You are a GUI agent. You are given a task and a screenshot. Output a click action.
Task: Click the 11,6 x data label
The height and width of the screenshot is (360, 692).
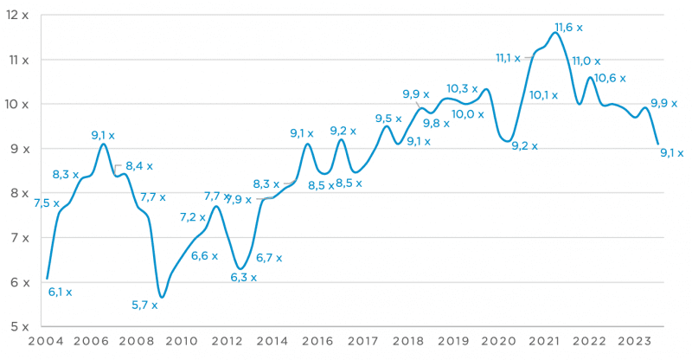coord(568,28)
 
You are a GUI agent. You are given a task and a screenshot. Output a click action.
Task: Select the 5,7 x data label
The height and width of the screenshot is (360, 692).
coord(144,305)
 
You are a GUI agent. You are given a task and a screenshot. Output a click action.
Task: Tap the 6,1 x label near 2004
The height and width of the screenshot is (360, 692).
coord(60,292)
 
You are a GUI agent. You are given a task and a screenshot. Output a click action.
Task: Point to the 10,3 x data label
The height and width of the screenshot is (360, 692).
coord(462,88)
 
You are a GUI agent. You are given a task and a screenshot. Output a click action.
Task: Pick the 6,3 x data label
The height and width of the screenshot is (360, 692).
coord(243,277)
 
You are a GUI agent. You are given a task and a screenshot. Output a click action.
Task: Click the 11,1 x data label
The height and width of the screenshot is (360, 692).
coord(508,58)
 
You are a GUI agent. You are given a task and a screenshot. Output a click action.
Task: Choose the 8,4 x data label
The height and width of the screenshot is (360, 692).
coord(139,166)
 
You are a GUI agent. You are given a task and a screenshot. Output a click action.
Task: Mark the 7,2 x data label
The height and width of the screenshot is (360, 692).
coord(193,217)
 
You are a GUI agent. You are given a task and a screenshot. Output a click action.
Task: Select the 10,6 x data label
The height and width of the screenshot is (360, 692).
coord(612,79)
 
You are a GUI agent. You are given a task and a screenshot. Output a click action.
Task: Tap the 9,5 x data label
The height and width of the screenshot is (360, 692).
coord(388,119)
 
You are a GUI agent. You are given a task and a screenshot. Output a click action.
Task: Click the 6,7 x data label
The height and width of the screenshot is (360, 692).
coord(269,257)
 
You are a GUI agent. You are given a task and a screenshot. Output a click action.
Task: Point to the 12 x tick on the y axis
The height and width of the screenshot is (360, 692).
coord(15,16)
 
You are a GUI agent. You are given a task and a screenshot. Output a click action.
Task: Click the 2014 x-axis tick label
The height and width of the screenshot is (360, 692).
coord(272,342)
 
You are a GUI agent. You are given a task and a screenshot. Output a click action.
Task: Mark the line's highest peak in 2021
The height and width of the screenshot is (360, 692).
coord(554,33)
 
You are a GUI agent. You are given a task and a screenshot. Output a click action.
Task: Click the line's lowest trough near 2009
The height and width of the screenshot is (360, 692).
coord(162,297)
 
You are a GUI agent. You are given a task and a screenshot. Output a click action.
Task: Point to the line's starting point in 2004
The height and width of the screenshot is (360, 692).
coord(47,278)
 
